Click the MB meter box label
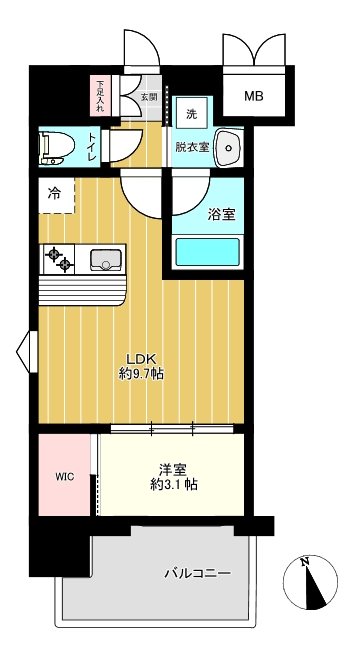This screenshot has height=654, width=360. [255, 97]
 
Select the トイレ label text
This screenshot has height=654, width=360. [92, 148]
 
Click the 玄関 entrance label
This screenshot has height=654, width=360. [148, 97]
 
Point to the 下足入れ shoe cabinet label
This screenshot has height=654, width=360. [100, 94]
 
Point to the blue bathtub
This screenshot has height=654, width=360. [207, 251]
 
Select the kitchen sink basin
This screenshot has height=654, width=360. [105, 261]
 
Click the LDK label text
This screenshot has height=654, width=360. [137, 359]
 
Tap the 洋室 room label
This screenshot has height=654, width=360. [170, 468]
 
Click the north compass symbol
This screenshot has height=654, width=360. [311, 582]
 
